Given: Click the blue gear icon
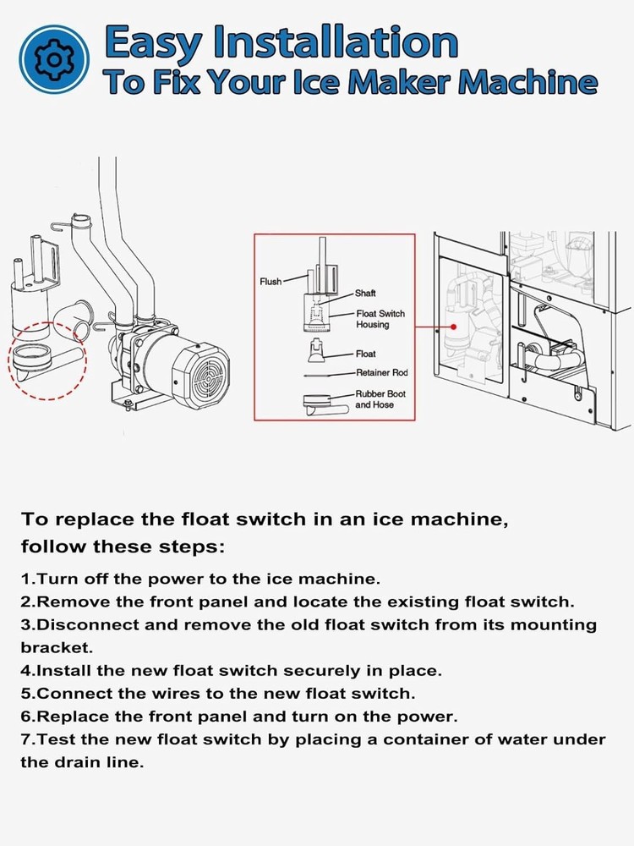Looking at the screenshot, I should (54, 59).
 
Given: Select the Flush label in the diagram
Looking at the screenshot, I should (271, 282).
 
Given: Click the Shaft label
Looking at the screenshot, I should (365, 294).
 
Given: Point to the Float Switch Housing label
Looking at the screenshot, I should (380, 319).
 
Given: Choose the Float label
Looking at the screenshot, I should (365, 354).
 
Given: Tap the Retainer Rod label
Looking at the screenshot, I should (381, 373).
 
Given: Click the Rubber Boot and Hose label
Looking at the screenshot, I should (380, 399).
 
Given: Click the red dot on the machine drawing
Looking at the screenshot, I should (454, 325).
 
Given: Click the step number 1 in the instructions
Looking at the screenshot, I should (25, 580).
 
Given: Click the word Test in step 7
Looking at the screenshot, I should (56, 739).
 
